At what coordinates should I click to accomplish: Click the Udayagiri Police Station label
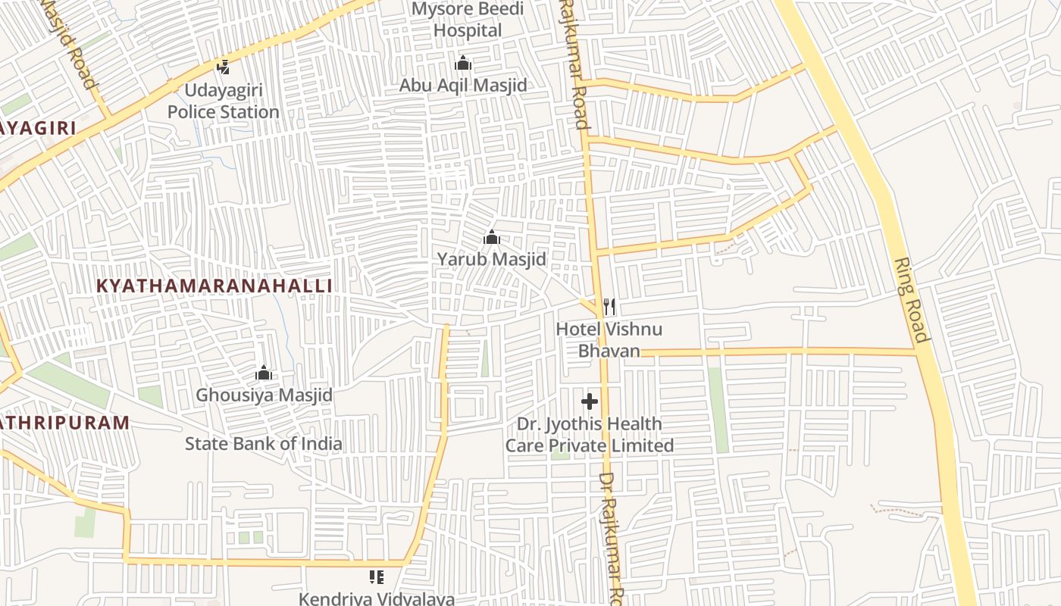click(223, 101)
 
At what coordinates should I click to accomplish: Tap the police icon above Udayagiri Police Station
click(223, 67)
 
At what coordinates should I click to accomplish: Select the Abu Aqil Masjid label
click(463, 85)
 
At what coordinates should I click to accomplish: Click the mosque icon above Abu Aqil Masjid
click(463, 63)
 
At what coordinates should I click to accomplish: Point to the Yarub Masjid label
click(491, 259)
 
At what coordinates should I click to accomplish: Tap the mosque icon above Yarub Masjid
click(492, 238)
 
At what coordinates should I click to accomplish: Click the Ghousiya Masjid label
click(264, 395)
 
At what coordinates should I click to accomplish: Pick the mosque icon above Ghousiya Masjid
click(264, 373)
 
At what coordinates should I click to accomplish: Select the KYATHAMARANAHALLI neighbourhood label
click(215, 286)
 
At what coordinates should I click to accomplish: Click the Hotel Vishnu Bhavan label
click(609, 339)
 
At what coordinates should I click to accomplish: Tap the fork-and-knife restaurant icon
click(609, 307)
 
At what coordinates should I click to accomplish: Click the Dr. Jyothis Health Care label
click(589, 434)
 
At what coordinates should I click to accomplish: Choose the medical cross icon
click(590, 401)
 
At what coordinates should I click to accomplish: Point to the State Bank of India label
click(263, 443)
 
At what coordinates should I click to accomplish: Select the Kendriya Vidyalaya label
click(377, 598)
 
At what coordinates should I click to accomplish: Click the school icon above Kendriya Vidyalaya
click(377, 577)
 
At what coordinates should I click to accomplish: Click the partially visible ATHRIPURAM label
click(64, 422)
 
